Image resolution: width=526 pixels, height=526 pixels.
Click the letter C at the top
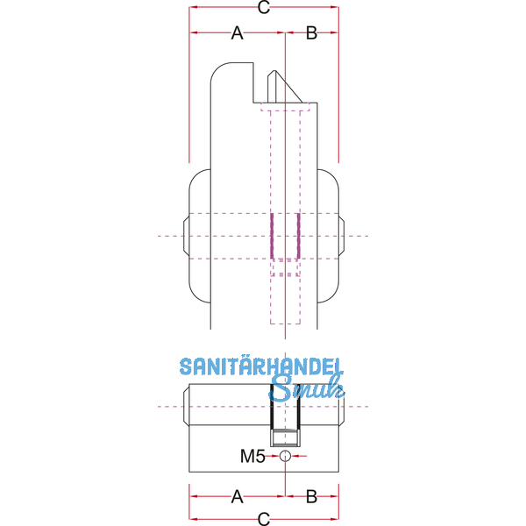tap(264, 7)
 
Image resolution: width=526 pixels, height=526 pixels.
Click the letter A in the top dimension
tap(238, 33)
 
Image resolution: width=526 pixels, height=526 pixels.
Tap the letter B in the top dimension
tap(311, 33)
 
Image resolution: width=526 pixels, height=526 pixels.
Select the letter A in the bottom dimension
tap(238, 496)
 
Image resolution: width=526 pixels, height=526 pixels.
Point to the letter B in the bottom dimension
tap(311, 496)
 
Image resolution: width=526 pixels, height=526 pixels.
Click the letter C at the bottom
tap(264, 519)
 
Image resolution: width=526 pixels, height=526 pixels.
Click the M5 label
tap(252, 456)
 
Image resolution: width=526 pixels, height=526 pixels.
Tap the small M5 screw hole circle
tap(285, 456)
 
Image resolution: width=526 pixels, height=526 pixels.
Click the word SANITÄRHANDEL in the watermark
tap(261, 366)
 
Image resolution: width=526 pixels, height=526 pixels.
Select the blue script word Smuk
tap(307, 389)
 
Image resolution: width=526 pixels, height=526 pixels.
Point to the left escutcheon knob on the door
tap(197, 236)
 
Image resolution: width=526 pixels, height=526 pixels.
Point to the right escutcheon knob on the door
tap(331, 236)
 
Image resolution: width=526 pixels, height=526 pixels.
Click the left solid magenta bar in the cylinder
tap(272, 236)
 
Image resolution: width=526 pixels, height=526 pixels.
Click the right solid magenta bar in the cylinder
tap(298, 236)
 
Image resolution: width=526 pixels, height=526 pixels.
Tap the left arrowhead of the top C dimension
tap(193, 7)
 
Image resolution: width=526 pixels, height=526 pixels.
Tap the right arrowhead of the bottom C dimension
tap(335, 519)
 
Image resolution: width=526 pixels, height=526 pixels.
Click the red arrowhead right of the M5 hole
tap(295, 456)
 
